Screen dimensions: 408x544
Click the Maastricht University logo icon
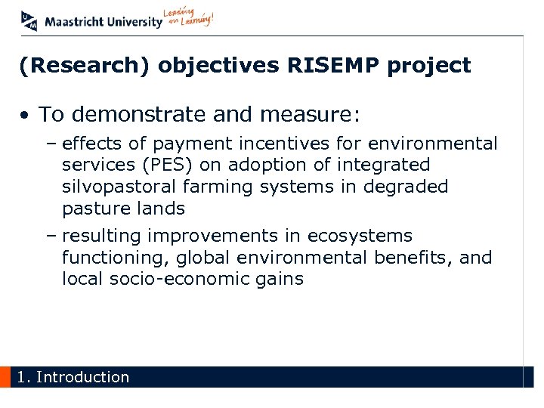pos(29,20)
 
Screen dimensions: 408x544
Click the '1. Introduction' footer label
pos(73,377)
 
